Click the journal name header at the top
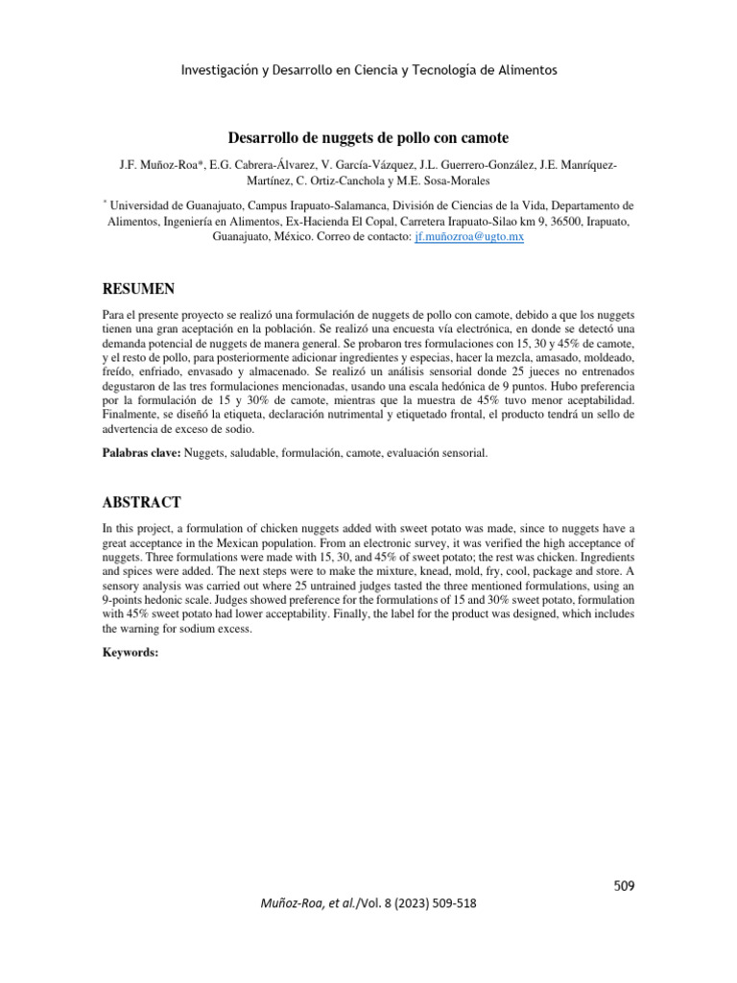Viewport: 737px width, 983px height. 368,70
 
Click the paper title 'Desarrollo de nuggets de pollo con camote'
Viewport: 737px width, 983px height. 368,136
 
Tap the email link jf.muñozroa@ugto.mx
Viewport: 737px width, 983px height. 468,236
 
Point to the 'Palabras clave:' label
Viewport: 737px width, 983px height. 141,451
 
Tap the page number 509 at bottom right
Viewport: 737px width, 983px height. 625,884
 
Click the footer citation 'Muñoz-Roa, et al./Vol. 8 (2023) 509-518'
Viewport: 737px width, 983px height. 368,904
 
